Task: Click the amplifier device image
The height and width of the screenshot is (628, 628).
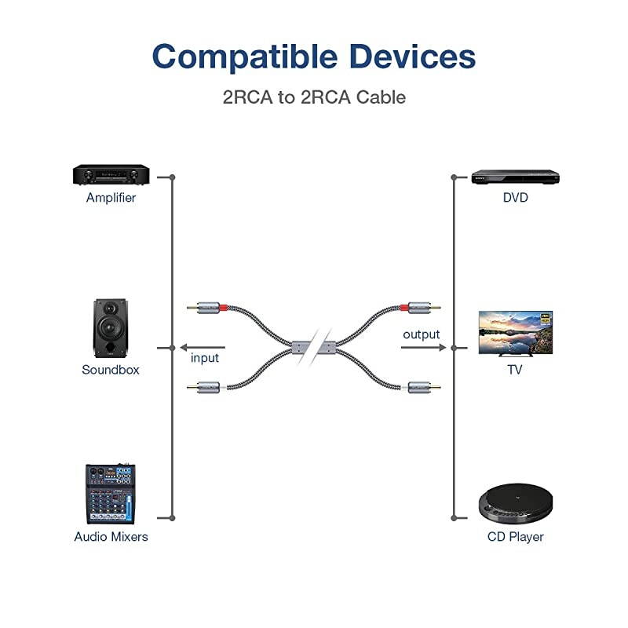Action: click(x=111, y=175)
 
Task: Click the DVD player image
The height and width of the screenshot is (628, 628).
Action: click(x=515, y=177)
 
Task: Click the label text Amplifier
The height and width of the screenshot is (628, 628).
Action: click(x=111, y=198)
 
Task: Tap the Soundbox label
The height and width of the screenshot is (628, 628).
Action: click(x=111, y=370)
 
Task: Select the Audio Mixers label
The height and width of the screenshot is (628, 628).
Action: click(x=111, y=537)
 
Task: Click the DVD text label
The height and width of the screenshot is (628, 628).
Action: click(x=515, y=198)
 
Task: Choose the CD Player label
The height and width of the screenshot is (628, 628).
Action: click(x=515, y=537)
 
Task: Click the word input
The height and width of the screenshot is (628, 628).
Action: click(x=205, y=358)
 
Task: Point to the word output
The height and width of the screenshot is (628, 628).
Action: click(x=422, y=334)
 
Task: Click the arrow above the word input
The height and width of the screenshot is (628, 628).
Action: click(x=202, y=346)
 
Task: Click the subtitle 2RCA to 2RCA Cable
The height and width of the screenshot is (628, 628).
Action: click(x=313, y=97)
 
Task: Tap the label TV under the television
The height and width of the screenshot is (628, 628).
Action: click(x=515, y=370)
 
